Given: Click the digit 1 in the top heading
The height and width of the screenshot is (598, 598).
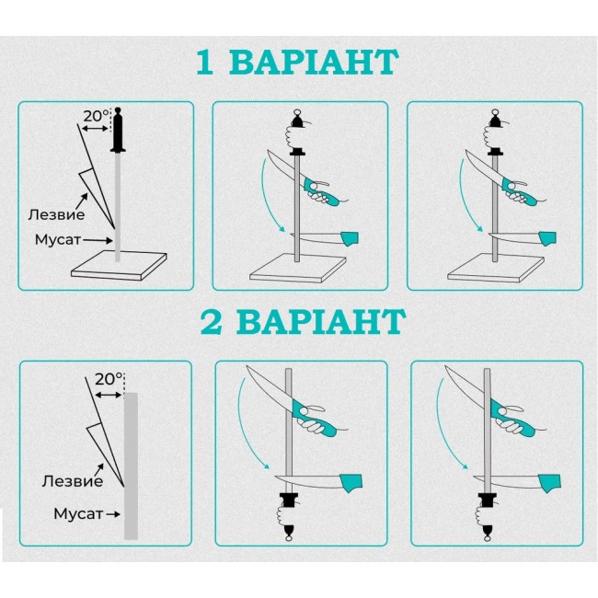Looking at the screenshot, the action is tap(204, 62).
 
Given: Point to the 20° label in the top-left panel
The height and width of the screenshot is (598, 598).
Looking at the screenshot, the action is tap(96, 116).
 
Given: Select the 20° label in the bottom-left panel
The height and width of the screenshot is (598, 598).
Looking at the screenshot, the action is tap(109, 379).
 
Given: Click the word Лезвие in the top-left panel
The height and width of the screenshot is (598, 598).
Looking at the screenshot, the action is tap(56, 214).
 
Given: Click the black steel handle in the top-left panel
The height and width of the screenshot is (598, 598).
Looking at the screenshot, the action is tap(118, 130).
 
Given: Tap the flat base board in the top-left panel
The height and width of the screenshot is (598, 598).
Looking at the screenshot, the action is tap(119, 266).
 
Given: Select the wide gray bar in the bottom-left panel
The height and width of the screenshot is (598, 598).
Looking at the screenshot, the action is tap(131, 466).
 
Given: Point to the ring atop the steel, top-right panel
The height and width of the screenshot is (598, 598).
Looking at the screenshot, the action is tap(495, 112).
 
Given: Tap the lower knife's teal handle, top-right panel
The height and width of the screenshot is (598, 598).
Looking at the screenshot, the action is tap(546, 238).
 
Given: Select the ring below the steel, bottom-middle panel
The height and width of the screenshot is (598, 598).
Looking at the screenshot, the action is tap(289, 537).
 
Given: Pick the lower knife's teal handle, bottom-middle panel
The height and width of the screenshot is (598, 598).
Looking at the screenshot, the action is tap(351, 483).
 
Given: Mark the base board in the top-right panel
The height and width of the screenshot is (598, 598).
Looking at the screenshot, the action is tap(495, 269).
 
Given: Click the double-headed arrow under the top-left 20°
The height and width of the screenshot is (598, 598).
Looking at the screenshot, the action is tap(95, 129).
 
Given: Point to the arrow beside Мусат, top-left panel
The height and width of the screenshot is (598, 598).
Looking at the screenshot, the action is tap(98, 241).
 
